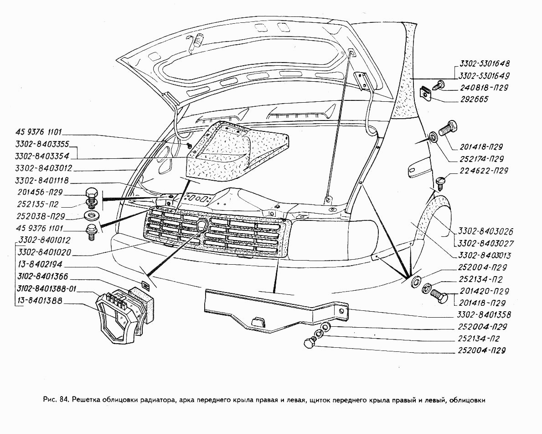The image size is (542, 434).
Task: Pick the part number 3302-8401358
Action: point(483,315)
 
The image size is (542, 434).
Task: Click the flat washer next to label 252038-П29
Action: point(91,215)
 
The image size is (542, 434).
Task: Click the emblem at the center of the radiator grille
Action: point(202,225)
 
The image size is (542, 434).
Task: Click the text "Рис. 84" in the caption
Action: point(56,400)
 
